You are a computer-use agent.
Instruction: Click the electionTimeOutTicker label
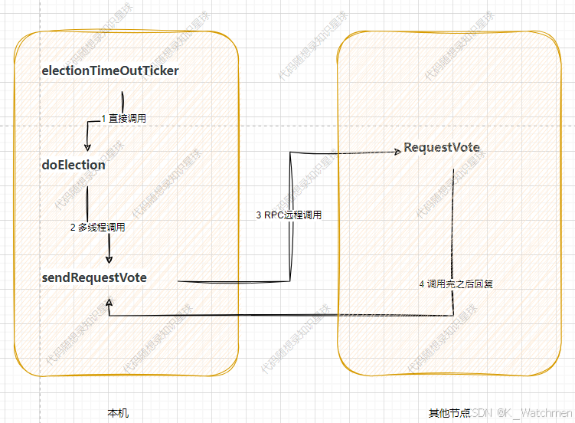pos(110,71)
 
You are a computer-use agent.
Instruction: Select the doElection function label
pos(74,165)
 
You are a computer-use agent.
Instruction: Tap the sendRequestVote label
pos(94,277)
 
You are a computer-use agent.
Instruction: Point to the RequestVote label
pos(442,147)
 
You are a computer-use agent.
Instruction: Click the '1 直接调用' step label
pos(124,119)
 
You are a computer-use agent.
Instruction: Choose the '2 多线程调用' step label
pos(97,227)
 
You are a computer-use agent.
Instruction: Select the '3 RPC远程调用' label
pos(289,215)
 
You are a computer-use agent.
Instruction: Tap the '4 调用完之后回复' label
pos(456,284)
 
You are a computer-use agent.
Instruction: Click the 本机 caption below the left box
pos(118,413)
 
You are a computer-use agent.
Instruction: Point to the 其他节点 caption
pos(449,413)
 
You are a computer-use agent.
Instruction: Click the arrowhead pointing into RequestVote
pos(397,152)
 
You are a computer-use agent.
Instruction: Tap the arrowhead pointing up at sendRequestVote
pos(109,303)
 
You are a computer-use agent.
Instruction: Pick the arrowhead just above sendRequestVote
pos(109,260)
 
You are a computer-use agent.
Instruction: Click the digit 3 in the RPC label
pos(259,215)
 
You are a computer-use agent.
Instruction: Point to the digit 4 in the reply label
pos(422,284)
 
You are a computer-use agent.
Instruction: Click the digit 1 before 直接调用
pos(103,119)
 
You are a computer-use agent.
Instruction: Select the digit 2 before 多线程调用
pos(73,227)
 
